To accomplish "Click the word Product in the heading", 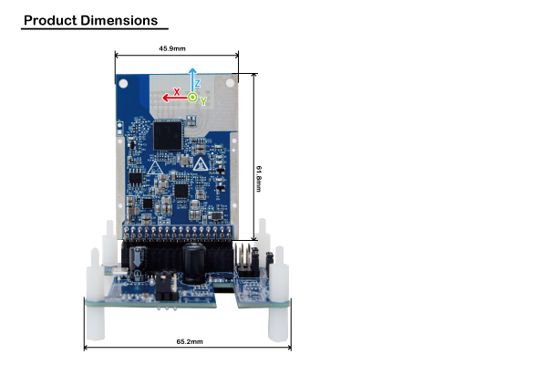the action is [x=50, y=21].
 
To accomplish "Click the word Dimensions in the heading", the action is [x=119, y=21].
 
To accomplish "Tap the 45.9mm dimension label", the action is [x=172, y=48].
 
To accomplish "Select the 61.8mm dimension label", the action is [x=259, y=179].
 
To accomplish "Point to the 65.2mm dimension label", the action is [x=190, y=341].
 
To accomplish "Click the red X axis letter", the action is [x=177, y=92].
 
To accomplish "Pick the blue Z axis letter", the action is [x=198, y=83].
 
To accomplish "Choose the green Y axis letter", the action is [x=203, y=101].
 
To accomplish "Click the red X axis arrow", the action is [x=174, y=98].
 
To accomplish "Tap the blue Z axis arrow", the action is [x=192, y=80].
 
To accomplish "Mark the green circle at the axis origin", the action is [x=192, y=97].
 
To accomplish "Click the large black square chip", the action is [x=168, y=136].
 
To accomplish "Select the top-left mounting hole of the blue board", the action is [x=123, y=83].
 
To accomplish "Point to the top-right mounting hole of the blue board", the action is [x=230, y=83].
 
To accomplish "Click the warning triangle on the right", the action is [x=201, y=164].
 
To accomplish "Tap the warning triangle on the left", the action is [x=155, y=168].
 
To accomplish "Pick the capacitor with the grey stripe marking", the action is [x=139, y=264].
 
